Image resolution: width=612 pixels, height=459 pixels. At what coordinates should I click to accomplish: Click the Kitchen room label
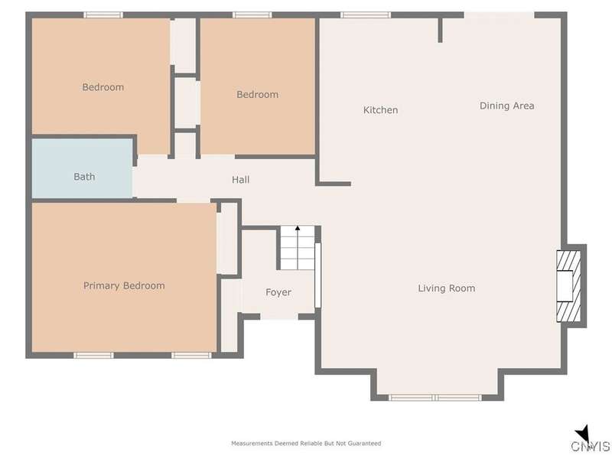[380, 110]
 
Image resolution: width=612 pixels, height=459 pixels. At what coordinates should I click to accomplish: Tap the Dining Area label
[506, 106]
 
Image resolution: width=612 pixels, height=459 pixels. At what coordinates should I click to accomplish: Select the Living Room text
[447, 288]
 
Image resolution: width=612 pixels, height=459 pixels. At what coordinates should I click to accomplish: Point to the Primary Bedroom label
[124, 285]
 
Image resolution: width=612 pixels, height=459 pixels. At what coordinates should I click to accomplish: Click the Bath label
[84, 177]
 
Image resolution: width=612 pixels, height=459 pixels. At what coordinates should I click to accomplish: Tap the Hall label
[240, 180]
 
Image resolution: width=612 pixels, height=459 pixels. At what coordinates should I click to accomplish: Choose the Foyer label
[278, 292]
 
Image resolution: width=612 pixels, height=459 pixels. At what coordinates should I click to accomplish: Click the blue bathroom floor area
[82, 168]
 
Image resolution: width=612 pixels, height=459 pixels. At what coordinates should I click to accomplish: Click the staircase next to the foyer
[298, 248]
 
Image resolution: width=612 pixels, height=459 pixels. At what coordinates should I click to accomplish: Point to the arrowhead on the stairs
[298, 228]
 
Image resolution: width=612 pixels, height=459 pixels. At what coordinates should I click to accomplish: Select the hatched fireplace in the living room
[568, 286]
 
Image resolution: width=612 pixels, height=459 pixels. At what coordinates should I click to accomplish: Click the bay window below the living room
[435, 398]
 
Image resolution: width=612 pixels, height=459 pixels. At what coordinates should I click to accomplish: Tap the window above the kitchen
[366, 15]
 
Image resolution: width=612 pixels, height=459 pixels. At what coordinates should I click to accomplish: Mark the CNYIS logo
[591, 441]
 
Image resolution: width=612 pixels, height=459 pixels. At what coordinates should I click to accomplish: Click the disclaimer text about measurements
[306, 444]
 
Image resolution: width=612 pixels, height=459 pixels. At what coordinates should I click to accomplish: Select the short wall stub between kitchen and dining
[440, 31]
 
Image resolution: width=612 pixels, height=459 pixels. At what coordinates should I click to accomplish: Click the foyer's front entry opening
[279, 317]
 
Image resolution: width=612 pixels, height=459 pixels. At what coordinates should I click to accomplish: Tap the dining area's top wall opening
[499, 15]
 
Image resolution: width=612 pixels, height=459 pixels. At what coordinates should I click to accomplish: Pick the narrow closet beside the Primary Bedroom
[227, 239]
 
